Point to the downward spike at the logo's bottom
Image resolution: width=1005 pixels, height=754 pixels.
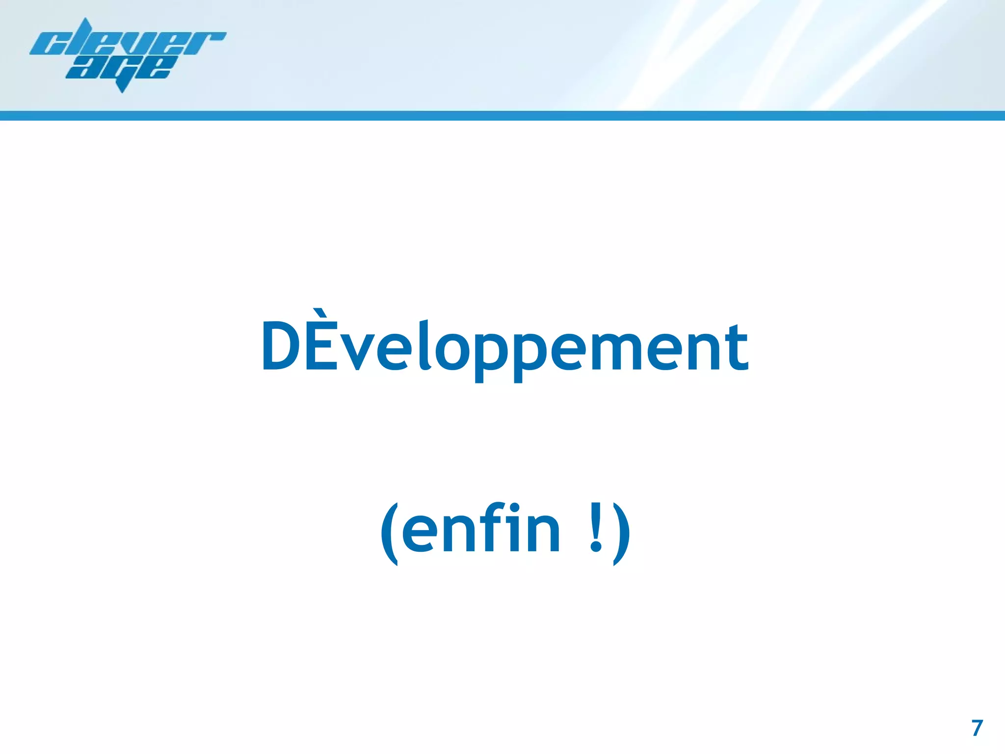coord(123,88)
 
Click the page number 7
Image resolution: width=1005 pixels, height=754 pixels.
coord(977,728)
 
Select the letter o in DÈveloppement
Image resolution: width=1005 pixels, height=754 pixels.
coord(453,351)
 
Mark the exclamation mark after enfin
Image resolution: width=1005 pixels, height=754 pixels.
coord(596,528)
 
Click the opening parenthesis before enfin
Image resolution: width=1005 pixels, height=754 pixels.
coord(389,533)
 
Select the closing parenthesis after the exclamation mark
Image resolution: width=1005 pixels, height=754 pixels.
coord(621,533)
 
